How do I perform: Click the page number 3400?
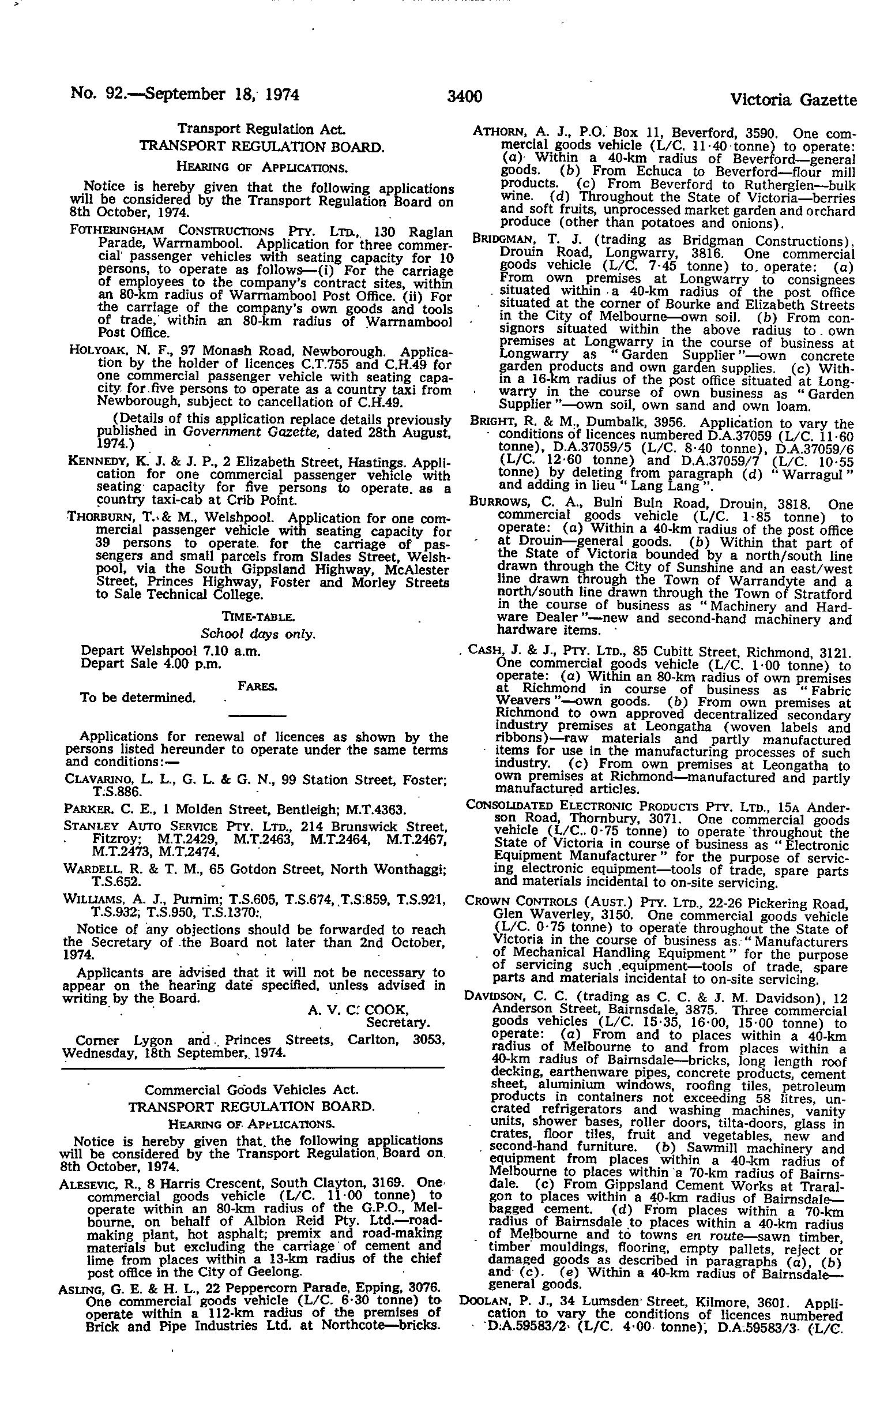point(464,96)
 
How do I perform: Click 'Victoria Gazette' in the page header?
point(793,100)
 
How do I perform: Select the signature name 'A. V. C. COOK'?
point(358,1010)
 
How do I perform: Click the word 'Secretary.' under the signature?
point(397,1022)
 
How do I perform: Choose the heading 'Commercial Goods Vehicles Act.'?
point(251,1090)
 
